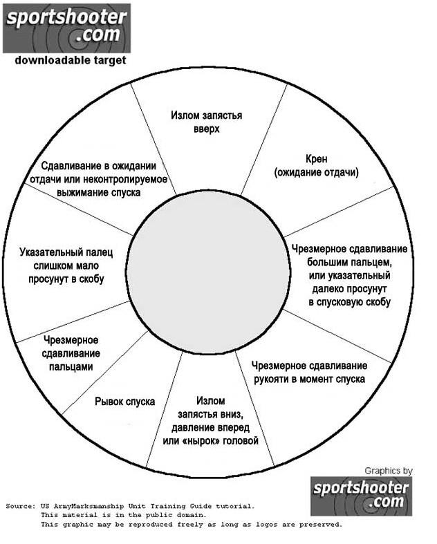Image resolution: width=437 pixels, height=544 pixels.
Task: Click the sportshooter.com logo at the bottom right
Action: coord(361,496)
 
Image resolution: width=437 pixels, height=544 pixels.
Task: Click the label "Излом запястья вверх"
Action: coord(206,122)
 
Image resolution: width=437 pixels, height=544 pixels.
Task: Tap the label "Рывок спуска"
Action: coord(124,402)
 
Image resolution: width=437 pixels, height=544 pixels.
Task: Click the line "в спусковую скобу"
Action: coord(349,302)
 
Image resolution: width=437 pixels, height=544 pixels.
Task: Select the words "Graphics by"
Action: coord(388,471)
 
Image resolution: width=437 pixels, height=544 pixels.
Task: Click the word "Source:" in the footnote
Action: coord(21,506)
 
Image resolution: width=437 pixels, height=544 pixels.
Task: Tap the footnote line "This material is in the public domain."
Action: coord(122,515)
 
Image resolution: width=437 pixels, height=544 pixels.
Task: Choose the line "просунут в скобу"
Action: coord(66,278)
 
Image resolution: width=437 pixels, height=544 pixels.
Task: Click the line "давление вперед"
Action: coord(210,427)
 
